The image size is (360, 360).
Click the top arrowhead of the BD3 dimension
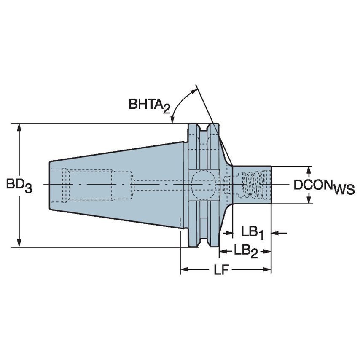pos(19,128)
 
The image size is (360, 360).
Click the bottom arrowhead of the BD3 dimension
pos(19,243)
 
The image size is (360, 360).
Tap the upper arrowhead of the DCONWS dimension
pos(309,170)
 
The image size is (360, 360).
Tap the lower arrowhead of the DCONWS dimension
pos(309,200)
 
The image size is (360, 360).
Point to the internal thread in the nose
pos(252,185)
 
